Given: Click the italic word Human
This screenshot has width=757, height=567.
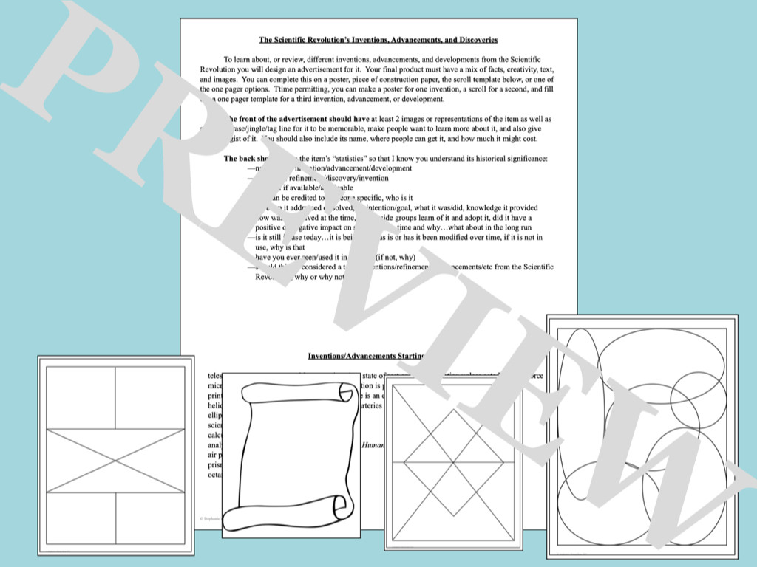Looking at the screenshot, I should point(373,446).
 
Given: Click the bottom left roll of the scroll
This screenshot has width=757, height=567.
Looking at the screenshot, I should point(235,519).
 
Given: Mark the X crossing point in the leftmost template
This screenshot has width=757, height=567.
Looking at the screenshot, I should point(115,461).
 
